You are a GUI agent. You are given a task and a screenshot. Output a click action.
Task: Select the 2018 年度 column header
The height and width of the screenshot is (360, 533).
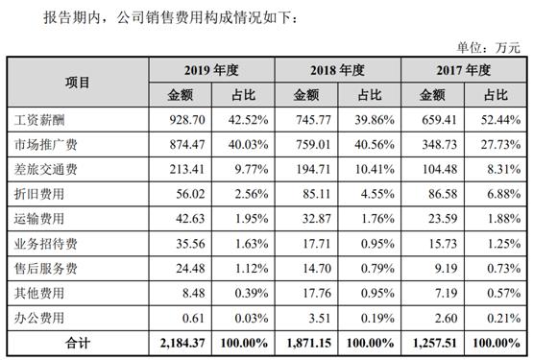pyautogui.click(x=337, y=70)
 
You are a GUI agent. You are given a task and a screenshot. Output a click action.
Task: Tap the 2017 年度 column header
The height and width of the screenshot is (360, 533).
pyautogui.click(x=464, y=70)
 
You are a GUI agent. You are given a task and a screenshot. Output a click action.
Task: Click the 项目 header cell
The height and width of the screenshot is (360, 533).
pyautogui.click(x=79, y=83)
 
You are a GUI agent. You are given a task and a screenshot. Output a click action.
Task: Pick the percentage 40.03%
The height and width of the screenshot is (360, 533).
pyautogui.click(x=246, y=146)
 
